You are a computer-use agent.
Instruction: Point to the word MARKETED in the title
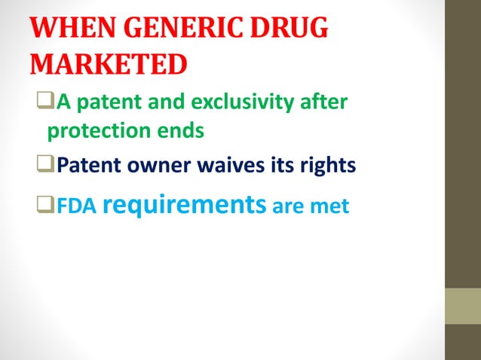pos(108,65)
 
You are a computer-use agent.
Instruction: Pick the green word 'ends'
pos(182,131)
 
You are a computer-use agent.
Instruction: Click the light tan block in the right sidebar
pos(463,306)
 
